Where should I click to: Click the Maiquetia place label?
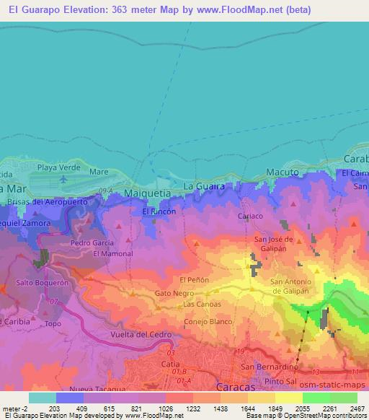(x=146, y=194)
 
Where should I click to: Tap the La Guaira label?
(x=204, y=186)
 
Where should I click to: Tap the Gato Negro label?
(x=174, y=294)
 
